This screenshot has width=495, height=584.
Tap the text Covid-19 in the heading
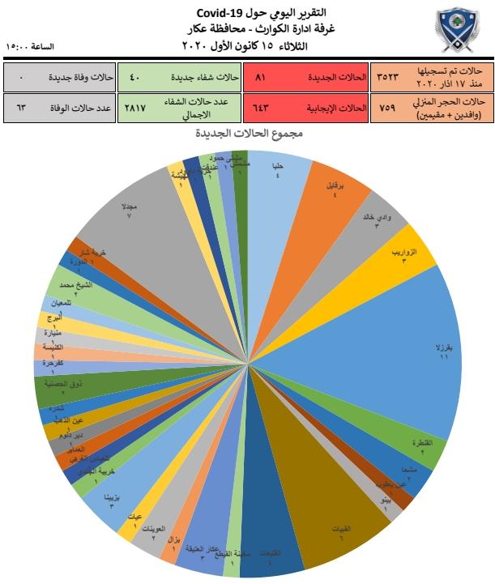[x=224, y=13]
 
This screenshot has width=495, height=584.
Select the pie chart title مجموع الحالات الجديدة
[x=248, y=132]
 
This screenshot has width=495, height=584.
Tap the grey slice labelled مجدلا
[x=130, y=219]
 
